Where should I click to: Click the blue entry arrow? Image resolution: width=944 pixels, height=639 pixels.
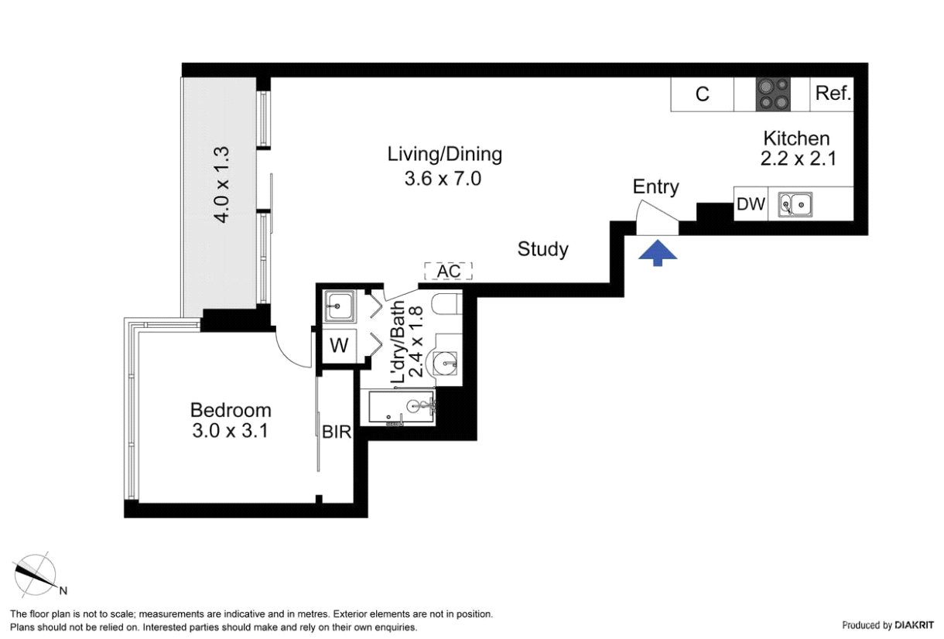658,253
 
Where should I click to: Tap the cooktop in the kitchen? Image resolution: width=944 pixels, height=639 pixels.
773,94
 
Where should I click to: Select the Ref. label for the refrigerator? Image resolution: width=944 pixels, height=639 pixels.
833,93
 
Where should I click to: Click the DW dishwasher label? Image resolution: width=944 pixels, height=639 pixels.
751,204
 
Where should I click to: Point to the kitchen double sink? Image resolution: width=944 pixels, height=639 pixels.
795,205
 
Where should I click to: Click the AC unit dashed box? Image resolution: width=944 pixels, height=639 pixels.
449,272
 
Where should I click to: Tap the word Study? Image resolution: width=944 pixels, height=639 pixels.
543,249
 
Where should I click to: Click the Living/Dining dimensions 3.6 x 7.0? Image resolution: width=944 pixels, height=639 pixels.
443,179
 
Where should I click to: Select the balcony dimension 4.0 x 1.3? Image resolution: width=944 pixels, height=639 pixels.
221,184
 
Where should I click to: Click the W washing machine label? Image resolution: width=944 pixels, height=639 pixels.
339,346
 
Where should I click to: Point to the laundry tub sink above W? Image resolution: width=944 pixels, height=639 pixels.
339,306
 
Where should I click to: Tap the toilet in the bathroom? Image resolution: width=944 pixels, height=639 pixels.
446,304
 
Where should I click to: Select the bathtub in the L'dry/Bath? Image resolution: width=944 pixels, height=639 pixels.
402,408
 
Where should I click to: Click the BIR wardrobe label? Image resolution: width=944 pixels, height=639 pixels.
337,432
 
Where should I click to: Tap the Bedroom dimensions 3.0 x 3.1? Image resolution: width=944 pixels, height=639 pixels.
230,431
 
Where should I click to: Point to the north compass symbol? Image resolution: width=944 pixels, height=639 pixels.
36,574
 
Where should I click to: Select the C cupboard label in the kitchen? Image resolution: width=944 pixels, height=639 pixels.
702,94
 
